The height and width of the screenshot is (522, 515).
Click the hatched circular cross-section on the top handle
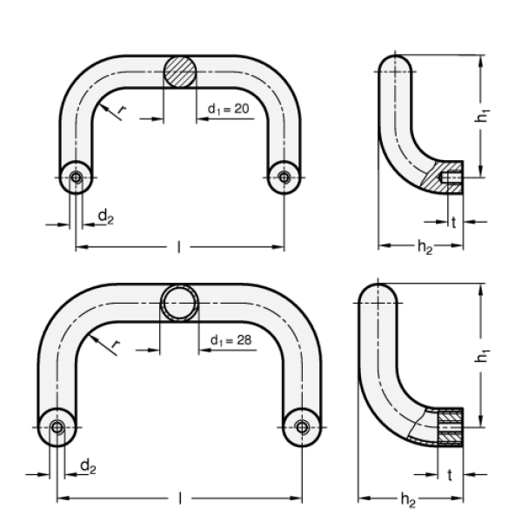point(181,70)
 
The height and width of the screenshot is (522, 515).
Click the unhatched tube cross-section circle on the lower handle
point(179,304)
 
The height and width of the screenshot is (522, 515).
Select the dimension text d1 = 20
point(228,108)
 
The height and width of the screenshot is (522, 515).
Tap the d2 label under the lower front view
point(89,468)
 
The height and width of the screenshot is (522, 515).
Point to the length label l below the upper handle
point(178,249)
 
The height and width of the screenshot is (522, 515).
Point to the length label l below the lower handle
point(179,499)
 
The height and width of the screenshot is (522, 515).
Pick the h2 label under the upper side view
point(424,249)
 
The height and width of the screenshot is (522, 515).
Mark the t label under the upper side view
point(453,221)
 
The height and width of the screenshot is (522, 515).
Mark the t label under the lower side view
point(449,476)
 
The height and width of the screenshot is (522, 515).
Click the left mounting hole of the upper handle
point(77,177)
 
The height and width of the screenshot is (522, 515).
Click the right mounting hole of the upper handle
point(284,177)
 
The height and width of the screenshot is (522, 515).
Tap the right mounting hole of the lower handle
point(302,426)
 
